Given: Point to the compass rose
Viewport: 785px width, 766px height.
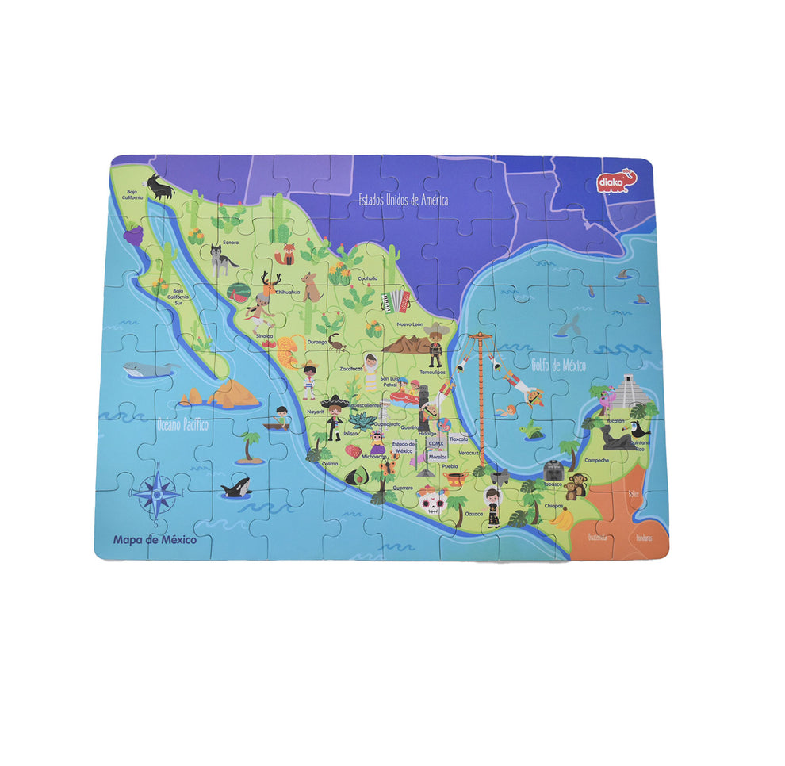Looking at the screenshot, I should (156, 492).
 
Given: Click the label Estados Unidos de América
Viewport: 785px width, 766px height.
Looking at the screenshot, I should (403, 200).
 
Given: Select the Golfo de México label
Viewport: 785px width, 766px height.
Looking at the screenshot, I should (558, 366).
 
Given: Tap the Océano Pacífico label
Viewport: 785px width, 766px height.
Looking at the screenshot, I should (182, 424).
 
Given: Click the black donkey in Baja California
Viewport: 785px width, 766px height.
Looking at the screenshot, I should (162, 188).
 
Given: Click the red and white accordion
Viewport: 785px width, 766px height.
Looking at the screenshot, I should (395, 301).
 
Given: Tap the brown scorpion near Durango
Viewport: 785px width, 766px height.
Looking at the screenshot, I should (337, 342).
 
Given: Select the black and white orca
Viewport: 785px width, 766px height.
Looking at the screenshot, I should (236, 487).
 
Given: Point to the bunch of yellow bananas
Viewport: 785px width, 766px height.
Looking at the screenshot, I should (561, 519).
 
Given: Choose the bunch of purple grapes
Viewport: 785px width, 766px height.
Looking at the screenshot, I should (133, 233).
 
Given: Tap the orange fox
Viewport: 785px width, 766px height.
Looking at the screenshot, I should (285, 255).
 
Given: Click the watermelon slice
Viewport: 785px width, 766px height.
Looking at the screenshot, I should (237, 292).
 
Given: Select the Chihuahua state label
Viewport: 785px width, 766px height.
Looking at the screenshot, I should (287, 292).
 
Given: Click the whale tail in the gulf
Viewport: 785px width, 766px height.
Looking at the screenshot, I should (569, 324).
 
